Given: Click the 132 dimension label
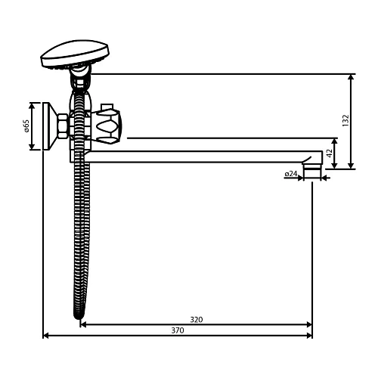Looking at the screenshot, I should click(x=345, y=121).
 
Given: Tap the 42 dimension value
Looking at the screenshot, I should click(x=329, y=153).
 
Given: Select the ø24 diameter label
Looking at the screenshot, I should click(x=291, y=174).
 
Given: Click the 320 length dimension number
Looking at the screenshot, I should click(x=196, y=319).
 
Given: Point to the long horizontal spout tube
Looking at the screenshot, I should click(x=204, y=157).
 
